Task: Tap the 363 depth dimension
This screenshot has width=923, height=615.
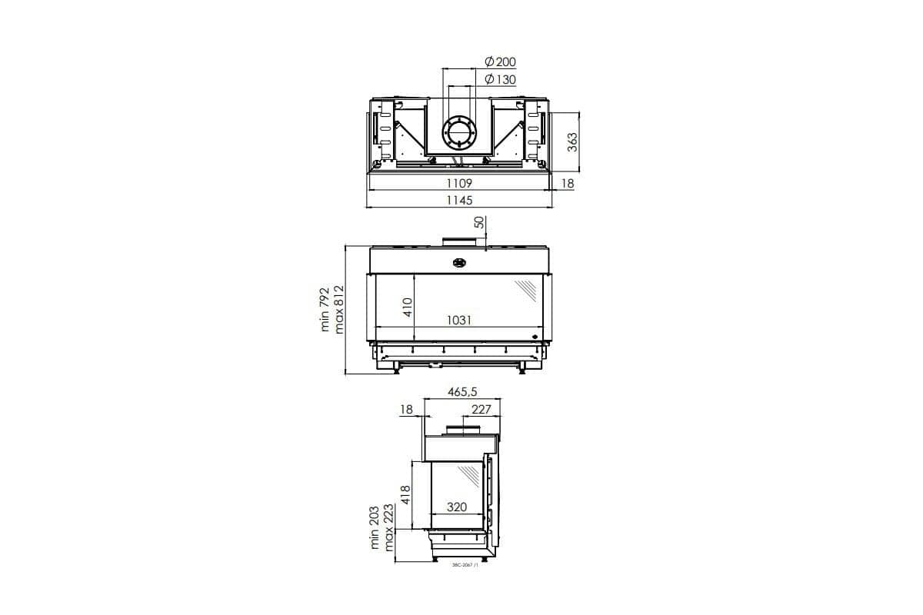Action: (x=571, y=142)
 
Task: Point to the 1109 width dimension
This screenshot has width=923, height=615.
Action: (x=459, y=184)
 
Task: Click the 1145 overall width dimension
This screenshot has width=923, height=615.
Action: (x=459, y=200)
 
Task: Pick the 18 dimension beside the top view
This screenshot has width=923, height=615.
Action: (x=567, y=184)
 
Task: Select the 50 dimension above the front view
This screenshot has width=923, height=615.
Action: (x=478, y=223)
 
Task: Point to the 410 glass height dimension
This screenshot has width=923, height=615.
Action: (x=408, y=307)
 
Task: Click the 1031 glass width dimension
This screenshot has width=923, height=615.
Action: (x=459, y=321)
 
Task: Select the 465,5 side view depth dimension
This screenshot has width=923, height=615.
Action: (x=462, y=392)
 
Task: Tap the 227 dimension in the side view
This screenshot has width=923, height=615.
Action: (x=481, y=410)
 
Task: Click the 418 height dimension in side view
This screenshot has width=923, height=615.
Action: (x=407, y=495)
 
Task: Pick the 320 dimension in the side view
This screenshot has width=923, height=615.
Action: (x=458, y=507)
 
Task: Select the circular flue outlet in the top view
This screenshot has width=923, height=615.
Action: (x=459, y=132)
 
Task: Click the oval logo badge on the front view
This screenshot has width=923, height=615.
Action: (x=460, y=262)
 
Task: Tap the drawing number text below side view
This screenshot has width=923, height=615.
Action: (x=466, y=565)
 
